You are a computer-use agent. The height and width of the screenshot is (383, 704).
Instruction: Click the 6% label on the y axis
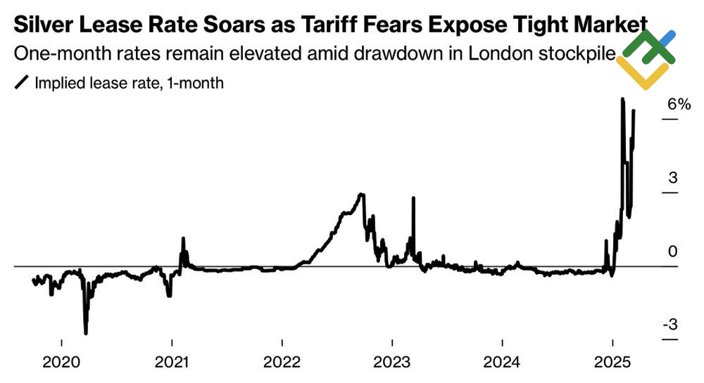(x=680, y=104)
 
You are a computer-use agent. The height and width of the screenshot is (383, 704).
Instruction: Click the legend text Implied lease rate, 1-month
(x=129, y=83)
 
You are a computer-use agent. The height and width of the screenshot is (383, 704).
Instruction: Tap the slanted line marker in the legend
(x=22, y=83)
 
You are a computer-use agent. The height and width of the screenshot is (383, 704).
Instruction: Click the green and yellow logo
(x=646, y=60)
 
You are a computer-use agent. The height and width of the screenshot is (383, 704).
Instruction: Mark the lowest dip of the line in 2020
(x=86, y=333)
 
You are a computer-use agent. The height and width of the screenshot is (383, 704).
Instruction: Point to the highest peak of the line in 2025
(x=622, y=99)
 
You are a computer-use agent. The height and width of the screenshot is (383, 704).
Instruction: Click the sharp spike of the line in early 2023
(x=413, y=198)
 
